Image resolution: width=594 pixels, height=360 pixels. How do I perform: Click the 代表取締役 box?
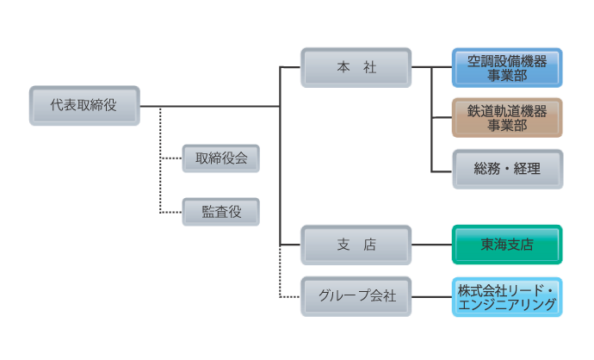click(x=84, y=106)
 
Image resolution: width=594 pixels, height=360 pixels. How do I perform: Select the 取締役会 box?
click(x=221, y=158)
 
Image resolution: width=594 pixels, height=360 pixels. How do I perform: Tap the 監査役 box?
click(x=221, y=211)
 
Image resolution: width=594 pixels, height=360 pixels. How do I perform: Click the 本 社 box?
click(x=356, y=68)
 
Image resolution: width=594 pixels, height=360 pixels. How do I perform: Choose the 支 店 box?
click(x=356, y=245)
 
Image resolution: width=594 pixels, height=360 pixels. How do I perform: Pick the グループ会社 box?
click(x=356, y=296)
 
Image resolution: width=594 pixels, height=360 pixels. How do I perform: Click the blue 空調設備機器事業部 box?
click(x=507, y=68)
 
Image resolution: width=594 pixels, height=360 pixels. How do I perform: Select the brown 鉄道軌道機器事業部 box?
click(x=507, y=118)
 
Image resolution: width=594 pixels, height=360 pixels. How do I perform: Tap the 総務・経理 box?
click(x=507, y=170)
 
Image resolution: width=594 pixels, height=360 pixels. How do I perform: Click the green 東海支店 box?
click(x=507, y=245)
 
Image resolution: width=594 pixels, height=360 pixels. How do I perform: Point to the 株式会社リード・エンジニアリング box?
click(x=507, y=296)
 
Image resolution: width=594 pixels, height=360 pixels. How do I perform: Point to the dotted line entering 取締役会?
click(x=172, y=159)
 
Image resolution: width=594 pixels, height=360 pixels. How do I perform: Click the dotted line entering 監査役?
click(x=172, y=212)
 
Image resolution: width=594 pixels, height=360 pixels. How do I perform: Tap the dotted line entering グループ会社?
click(x=291, y=296)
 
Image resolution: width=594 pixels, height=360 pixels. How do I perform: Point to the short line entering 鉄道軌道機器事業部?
click(x=442, y=119)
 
